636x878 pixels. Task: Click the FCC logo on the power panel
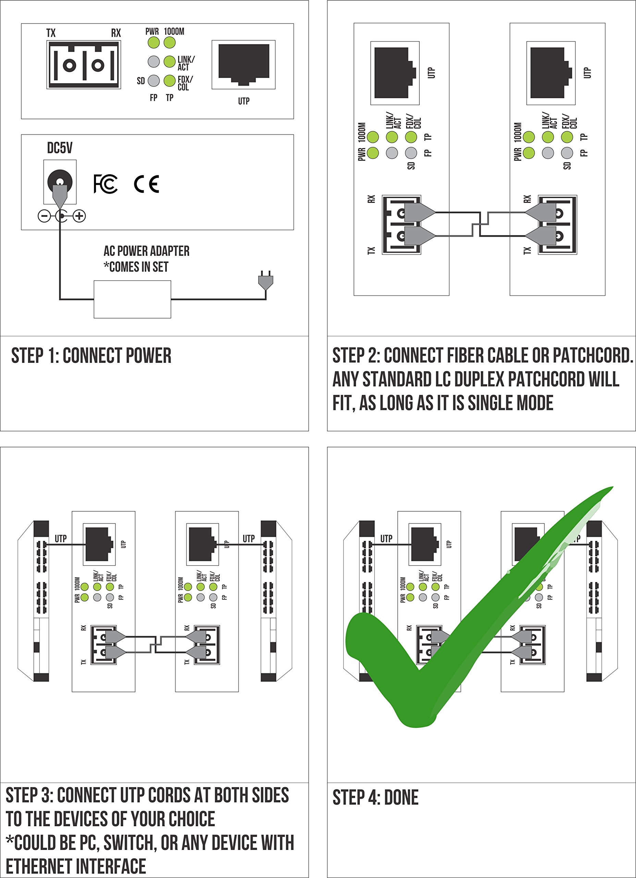106,184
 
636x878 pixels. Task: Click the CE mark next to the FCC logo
147,184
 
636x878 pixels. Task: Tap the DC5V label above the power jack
60,148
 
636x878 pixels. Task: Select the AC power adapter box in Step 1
132,299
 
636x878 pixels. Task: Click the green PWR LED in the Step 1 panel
154,43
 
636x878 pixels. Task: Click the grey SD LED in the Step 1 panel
154,81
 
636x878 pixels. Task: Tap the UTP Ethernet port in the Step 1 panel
244,64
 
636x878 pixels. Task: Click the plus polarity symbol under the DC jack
79,216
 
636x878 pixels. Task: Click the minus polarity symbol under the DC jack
44,216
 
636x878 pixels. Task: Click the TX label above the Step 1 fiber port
51,33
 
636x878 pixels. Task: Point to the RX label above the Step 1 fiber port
116,33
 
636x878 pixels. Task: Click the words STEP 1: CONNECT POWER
91,356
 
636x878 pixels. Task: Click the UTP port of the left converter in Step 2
395,73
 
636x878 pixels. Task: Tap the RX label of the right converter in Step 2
527,199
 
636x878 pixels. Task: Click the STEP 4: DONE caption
375,797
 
